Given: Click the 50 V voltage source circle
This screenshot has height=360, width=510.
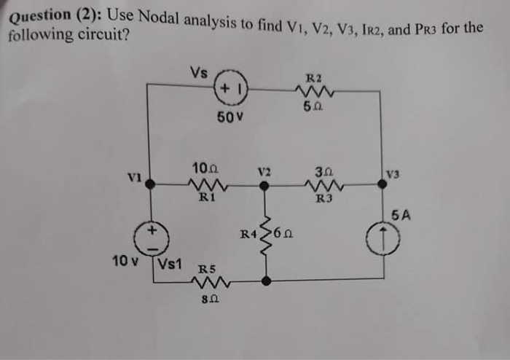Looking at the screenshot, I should [x=232, y=90].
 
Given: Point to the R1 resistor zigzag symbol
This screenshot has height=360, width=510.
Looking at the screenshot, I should [x=207, y=185].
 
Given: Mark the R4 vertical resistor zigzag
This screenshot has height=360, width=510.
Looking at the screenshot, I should [x=266, y=232].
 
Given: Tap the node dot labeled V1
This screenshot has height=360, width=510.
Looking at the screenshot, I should [x=150, y=185].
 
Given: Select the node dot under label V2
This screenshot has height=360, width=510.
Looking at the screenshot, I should [x=265, y=186].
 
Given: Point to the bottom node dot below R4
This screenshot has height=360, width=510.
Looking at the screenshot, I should [x=266, y=280].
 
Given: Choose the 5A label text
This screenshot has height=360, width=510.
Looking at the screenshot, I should [x=401, y=215].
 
